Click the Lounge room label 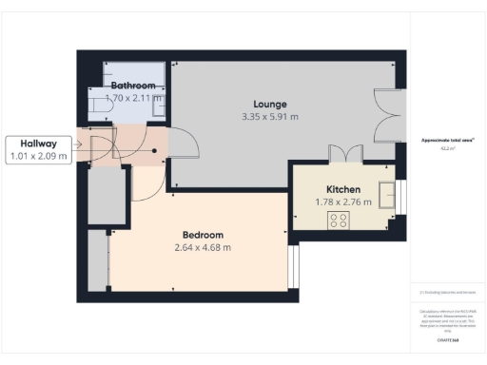(x=270, y=104)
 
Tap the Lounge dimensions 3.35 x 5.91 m (x=270, y=117)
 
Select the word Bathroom (x=132, y=86)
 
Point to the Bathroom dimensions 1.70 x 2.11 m (x=133, y=98)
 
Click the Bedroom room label (x=203, y=235)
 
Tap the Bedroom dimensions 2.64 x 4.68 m (x=203, y=248)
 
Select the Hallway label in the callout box (x=38, y=143)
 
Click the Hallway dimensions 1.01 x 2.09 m (x=38, y=156)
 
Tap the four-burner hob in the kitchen (x=339, y=220)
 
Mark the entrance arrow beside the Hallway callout (x=81, y=148)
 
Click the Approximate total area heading (x=448, y=141)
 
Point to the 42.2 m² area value (x=448, y=148)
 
